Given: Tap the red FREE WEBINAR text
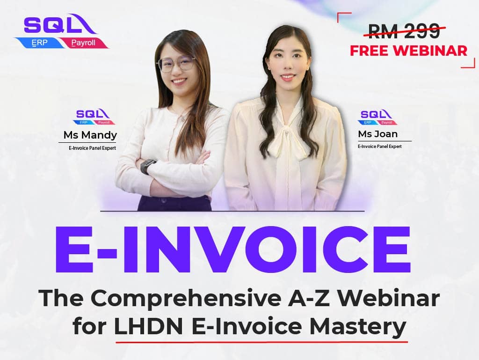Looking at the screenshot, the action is (x=408, y=51).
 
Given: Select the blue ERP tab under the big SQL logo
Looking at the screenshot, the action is (x=40, y=43).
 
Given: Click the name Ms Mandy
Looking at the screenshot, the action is (x=90, y=135).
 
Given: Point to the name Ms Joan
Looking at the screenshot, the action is (x=377, y=134).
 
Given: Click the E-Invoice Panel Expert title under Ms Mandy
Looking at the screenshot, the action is (x=92, y=148).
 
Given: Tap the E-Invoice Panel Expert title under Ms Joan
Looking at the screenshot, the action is (x=380, y=147).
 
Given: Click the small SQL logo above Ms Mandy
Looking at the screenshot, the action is (x=94, y=117).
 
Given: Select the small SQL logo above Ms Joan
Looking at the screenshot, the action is (x=377, y=118).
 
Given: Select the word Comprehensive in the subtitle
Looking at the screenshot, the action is (x=186, y=299).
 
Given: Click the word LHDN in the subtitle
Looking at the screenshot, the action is (x=148, y=326).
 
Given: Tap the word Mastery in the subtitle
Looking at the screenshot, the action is (x=358, y=327).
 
